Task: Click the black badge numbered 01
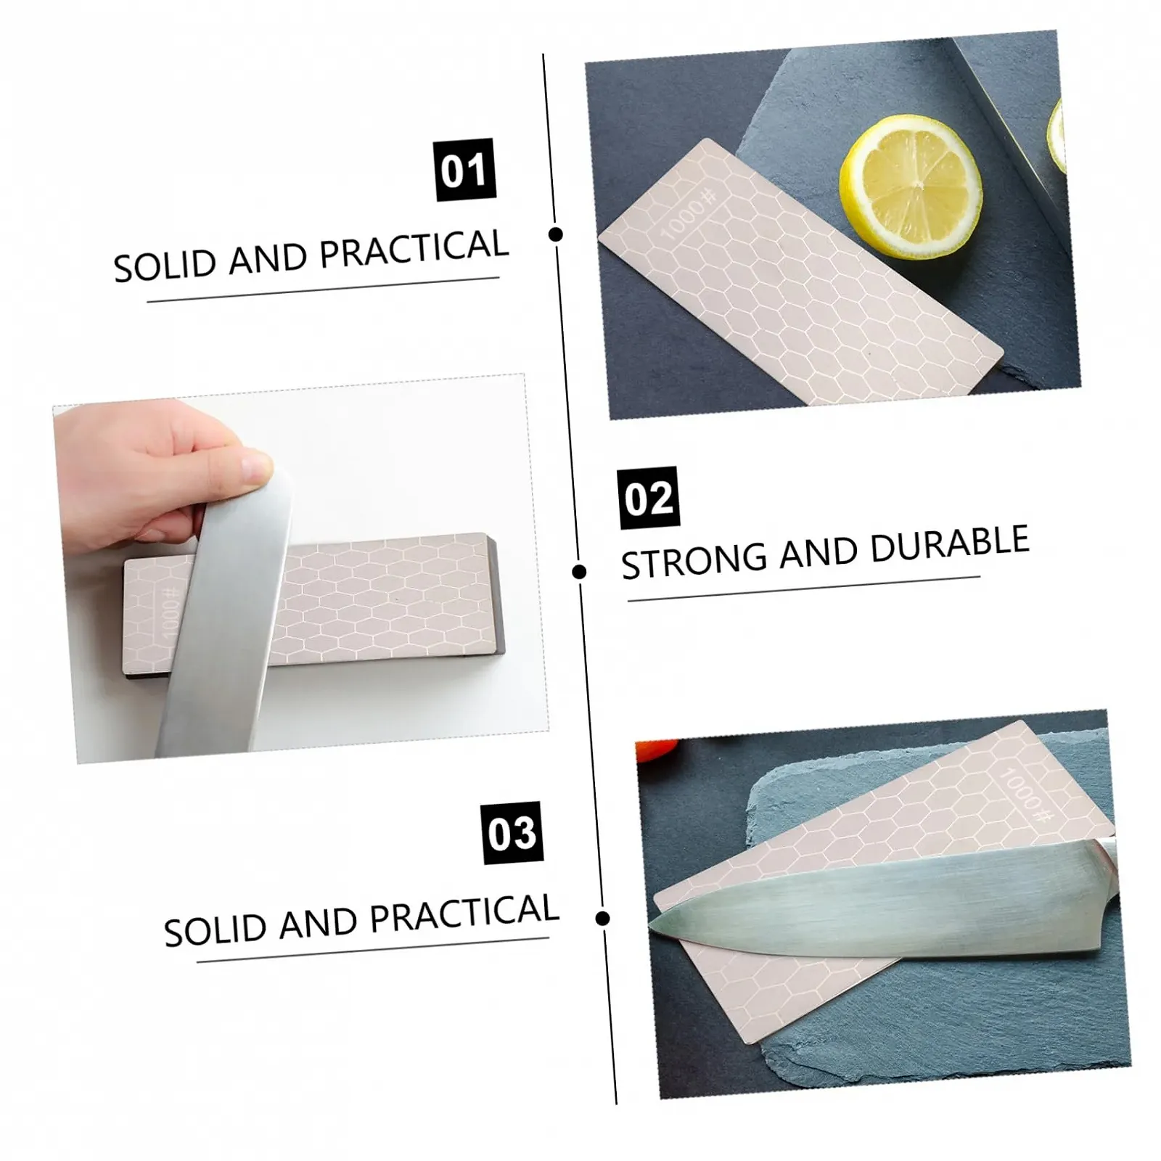click(465, 169)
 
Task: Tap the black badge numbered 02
click(649, 498)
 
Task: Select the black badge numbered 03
click(512, 833)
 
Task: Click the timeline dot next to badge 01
click(557, 234)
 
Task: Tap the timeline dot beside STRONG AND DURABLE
click(579, 573)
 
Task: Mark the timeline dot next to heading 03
click(602, 919)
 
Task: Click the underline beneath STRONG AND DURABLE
click(804, 589)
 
